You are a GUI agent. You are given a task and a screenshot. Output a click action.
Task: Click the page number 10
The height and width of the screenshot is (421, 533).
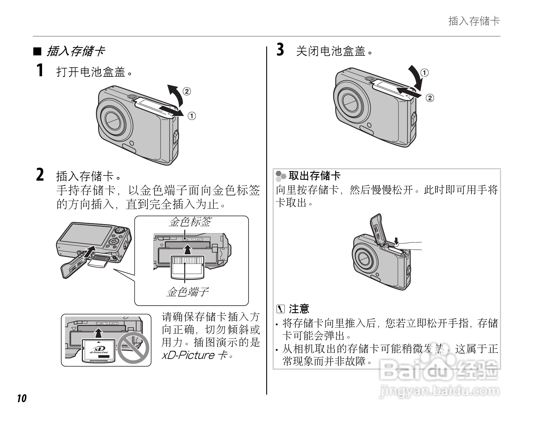click(x=21, y=398)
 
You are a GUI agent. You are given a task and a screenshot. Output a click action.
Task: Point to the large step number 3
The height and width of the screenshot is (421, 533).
click(x=280, y=49)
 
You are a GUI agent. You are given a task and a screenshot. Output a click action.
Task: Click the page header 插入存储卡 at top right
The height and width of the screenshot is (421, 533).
click(x=474, y=21)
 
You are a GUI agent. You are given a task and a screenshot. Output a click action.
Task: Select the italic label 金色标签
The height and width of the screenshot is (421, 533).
click(x=190, y=222)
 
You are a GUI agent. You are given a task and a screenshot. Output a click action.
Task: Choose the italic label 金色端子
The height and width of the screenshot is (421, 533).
click(x=188, y=292)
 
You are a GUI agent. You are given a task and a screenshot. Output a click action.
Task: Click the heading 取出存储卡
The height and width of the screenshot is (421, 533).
click(x=314, y=175)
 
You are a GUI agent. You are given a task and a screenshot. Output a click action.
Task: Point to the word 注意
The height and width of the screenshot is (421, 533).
click(x=299, y=309)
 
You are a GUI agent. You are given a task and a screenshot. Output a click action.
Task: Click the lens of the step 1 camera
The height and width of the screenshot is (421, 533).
click(x=114, y=119)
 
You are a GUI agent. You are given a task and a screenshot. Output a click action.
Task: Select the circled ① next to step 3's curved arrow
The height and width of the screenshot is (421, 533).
click(x=424, y=73)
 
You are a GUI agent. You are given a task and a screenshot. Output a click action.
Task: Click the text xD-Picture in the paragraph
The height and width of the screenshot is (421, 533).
click(x=188, y=355)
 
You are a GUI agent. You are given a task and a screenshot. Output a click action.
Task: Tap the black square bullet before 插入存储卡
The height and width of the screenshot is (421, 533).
click(x=37, y=52)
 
